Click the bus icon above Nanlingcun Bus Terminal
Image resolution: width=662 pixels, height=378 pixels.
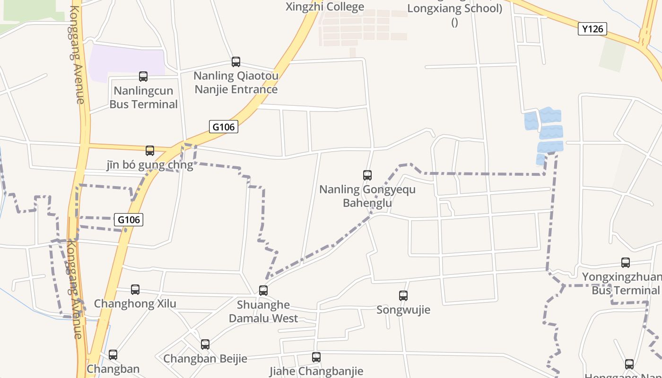143,76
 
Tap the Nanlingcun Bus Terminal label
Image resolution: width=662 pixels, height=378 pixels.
143,97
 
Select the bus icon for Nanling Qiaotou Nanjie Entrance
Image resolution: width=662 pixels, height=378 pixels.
236,61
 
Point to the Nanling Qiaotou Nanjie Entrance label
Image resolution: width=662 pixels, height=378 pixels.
236,82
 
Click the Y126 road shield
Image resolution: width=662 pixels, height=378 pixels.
592,29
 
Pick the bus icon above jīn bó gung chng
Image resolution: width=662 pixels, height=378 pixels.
150,151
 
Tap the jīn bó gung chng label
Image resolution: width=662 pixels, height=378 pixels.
150,165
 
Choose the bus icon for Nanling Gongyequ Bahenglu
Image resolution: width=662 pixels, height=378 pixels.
367,175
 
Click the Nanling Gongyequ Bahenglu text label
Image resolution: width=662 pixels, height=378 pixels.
367,196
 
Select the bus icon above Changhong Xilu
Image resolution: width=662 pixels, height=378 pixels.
135,289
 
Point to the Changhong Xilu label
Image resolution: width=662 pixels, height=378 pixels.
135,303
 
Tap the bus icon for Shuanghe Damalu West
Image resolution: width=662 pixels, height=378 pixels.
263,291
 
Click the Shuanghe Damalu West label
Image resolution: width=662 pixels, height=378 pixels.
263,311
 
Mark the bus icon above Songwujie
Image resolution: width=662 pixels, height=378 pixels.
403,296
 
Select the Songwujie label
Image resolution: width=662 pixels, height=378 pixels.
403,310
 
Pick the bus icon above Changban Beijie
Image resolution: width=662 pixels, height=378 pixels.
205,344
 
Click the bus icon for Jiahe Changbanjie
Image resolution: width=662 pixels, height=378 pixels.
316,357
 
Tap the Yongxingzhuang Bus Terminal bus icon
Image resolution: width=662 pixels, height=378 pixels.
626,263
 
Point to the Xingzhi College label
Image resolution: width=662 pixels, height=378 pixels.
325,7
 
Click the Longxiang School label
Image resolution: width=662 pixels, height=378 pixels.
454,9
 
